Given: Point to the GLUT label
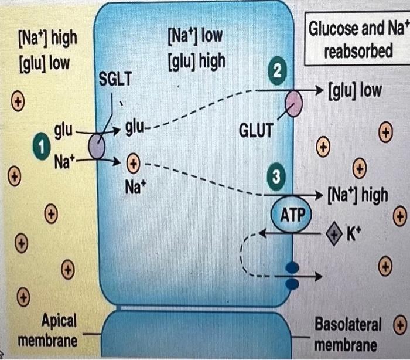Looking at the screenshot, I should pos(256,130).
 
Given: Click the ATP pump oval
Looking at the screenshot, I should pos(291,215).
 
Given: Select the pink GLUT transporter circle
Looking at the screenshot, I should pos(293,106).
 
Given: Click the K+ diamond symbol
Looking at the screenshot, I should pos(334,233).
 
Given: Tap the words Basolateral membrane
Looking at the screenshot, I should pos(348,334).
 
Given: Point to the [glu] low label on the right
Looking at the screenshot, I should pos(354,90).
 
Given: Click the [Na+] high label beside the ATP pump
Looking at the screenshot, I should pos(358,193).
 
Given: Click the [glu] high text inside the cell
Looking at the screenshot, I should pos(196,60).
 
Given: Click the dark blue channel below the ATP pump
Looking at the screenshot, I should pos(291,276).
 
